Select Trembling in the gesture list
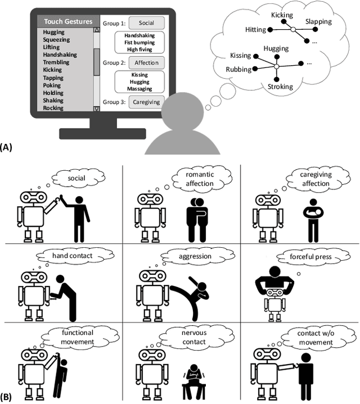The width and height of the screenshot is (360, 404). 57,62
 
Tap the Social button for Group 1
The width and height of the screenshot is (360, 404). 146,23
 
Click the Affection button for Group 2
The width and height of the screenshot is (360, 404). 146,62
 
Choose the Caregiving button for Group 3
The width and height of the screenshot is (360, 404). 146,102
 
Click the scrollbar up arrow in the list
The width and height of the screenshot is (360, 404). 96,31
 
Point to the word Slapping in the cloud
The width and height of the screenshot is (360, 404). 318,21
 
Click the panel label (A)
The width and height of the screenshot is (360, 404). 7,147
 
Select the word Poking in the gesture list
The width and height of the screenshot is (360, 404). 53,85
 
